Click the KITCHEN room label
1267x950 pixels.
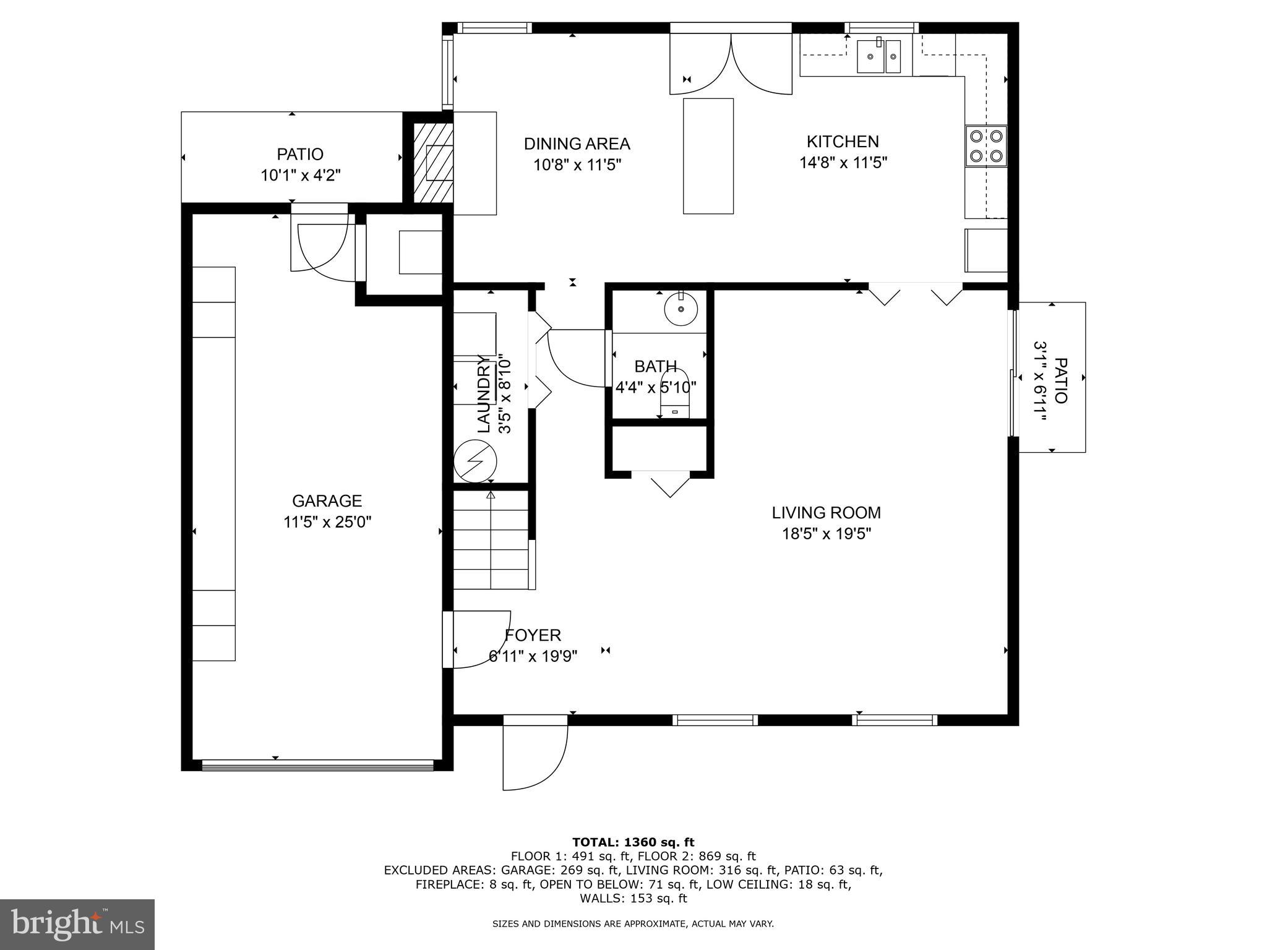click(843, 142)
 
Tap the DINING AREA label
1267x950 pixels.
click(577, 144)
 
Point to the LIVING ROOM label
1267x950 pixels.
click(826, 512)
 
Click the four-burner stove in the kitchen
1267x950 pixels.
click(986, 146)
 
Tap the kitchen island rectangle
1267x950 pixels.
click(708, 156)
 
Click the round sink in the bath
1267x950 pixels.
click(681, 308)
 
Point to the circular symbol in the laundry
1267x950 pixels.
click(475, 461)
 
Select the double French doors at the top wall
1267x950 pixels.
click(731, 62)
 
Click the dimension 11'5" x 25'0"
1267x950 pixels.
click(327, 522)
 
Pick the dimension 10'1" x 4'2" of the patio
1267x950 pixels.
click(300, 175)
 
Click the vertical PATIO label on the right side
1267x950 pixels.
click(1060, 380)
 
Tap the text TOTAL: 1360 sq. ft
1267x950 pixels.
click(633, 842)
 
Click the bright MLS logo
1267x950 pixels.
click(77, 925)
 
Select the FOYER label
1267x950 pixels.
click(533, 635)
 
